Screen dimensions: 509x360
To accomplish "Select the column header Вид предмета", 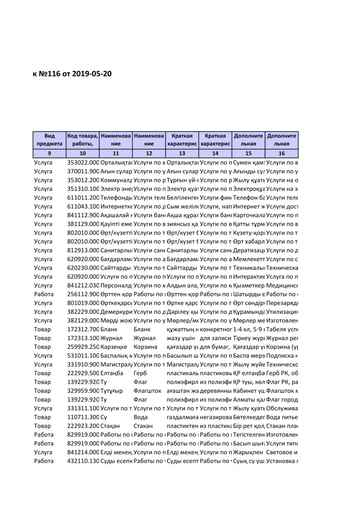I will tap(49, 140).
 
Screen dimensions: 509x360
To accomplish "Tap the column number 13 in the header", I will tap(182, 154).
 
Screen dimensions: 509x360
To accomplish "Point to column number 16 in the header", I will tap(281, 154).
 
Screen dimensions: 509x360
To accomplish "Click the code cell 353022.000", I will tap(83, 163).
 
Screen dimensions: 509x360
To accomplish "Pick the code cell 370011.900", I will tap(83, 171).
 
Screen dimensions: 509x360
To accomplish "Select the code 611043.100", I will tap(83, 206).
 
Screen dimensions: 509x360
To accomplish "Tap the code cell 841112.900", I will tap(83, 215).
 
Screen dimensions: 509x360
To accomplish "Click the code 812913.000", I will tap(83, 250).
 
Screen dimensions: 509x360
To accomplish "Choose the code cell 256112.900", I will tap(83, 294).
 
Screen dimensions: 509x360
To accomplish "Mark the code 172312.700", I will tap(83, 329).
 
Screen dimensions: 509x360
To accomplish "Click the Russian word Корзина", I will tap(145, 347).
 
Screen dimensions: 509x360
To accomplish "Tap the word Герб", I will tap(141, 373).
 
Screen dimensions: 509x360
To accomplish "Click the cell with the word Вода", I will tap(141, 417).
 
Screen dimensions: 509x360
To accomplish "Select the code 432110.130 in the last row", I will tap(83, 461).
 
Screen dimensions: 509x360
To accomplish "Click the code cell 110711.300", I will tap(83, 417).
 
